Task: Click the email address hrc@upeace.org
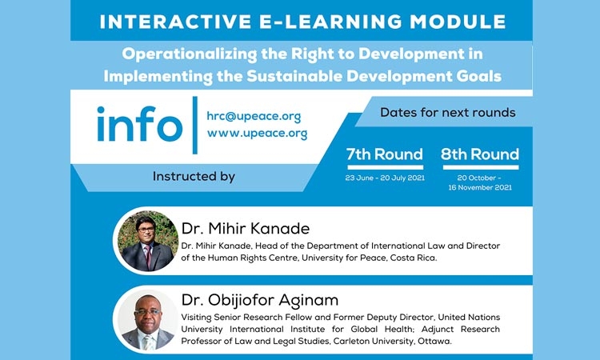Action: coord(254,116)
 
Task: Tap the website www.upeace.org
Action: coord(257,133)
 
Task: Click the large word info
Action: coord(140,124)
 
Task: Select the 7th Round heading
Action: coord(385,154)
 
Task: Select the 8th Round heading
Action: coord(480,154)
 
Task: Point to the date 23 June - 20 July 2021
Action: coord(385,178)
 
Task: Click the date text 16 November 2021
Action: coord(480,187)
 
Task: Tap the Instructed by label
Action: coord(194,176)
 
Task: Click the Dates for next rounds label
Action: coord(448,113)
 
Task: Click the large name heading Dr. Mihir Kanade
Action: coord(246,228)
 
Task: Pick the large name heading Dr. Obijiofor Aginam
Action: coord(260,300)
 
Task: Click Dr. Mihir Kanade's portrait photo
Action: coord(148,241)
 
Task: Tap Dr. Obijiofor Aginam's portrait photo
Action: coord(148,321)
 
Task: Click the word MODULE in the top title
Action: coord(458,22)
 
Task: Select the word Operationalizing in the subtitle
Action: coord(190,54)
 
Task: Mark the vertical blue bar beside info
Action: coord(195,125)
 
